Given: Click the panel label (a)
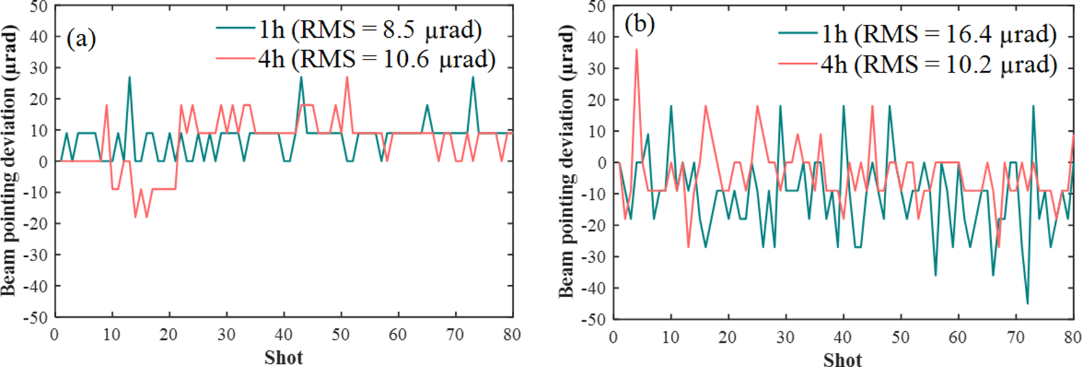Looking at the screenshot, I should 81,39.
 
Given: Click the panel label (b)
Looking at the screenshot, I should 639,25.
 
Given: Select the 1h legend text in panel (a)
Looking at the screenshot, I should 369,30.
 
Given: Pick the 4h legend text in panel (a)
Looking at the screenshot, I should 376,59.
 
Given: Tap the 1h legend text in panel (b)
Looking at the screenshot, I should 939,35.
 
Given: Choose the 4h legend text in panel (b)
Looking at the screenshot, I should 939,64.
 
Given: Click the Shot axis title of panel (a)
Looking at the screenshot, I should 283,357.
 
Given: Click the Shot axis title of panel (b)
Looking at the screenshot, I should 842,360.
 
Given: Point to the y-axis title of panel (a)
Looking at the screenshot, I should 9,161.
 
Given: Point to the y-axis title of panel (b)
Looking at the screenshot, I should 567,162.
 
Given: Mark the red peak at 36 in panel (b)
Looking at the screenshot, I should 636,50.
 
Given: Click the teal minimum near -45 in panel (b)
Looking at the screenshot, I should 1027,303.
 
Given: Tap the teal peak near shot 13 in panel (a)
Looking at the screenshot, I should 129,77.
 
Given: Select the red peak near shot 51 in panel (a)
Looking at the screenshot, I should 347,77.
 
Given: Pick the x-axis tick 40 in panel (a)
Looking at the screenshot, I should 283,335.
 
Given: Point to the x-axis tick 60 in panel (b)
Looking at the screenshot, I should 957,337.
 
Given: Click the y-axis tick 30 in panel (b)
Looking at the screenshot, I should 596,69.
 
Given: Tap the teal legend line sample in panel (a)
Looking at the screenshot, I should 235,28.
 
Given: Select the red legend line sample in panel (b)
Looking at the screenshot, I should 798,63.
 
